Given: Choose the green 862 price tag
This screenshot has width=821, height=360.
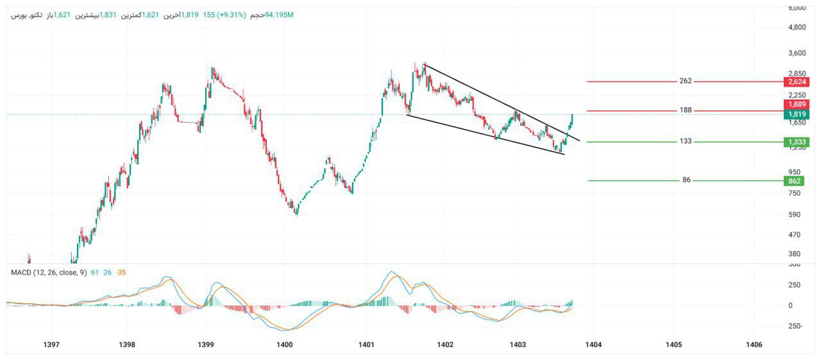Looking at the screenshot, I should coord(796,181).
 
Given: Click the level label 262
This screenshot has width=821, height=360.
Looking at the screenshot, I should coord(686,81).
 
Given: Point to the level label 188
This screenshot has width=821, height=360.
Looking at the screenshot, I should coord(686,110).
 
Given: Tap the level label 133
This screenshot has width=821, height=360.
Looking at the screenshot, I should coord(686,141).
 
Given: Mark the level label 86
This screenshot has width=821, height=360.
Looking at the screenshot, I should coord(686,180).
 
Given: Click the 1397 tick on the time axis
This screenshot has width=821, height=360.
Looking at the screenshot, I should coord(51,345).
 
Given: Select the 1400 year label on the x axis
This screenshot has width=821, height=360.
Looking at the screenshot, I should coord(284,345).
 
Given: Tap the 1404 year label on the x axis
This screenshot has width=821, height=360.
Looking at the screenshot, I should coord(593,345).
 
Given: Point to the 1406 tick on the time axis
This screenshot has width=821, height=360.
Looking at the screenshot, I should coord(754,345).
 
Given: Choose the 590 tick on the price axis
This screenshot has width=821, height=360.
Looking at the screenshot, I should coord(796,214).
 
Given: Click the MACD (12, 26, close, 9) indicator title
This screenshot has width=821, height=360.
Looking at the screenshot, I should coord(49,273).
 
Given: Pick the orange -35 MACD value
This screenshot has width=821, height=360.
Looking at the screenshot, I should coord(121,273).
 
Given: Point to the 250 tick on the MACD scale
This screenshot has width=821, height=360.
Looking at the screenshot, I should coord(796,285).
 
